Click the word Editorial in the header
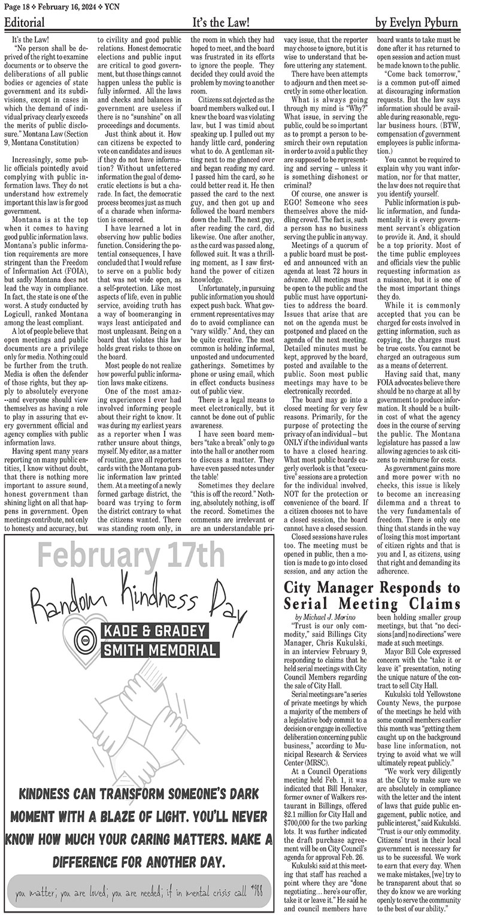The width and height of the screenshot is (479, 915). click(x=25, y=23)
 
